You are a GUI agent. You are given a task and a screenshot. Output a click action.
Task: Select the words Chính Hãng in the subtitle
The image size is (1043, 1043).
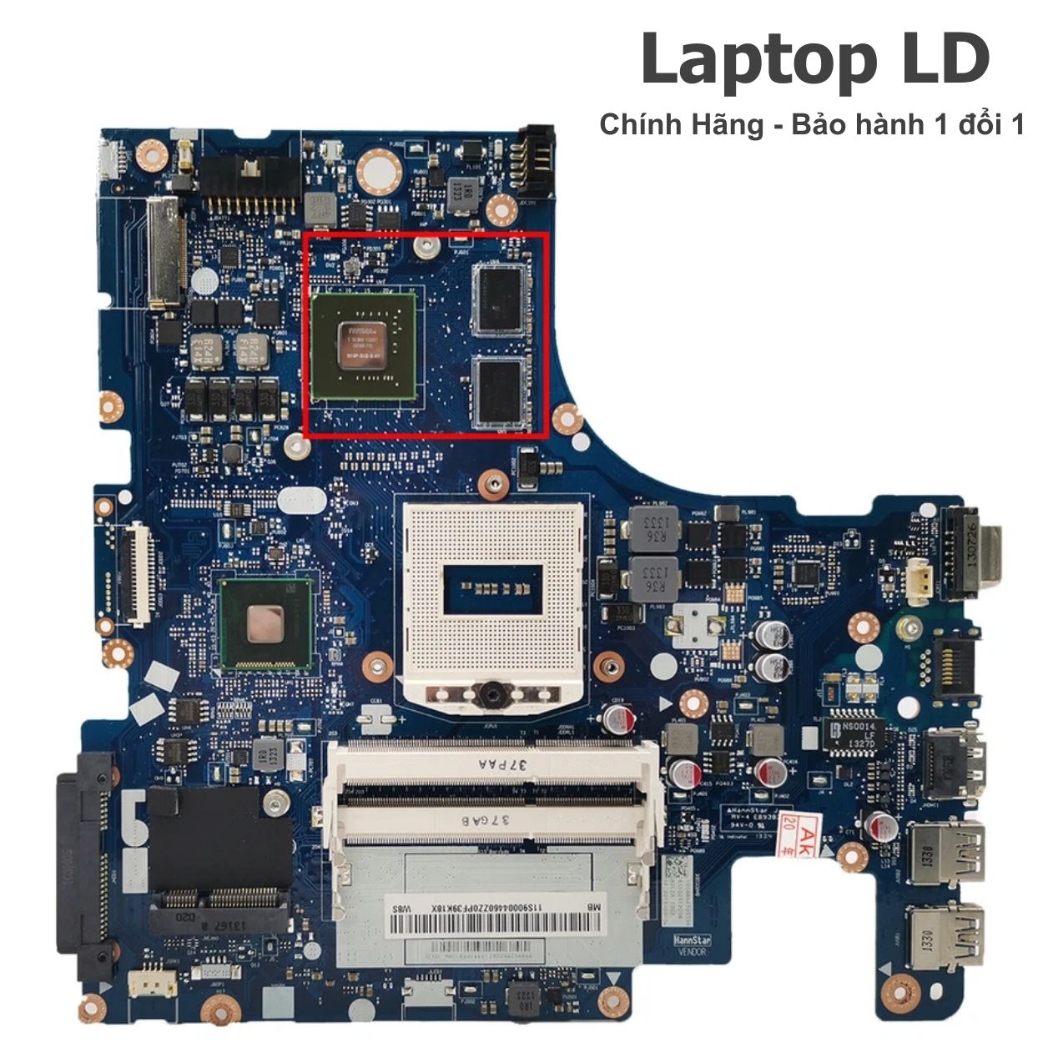tap(681, 125)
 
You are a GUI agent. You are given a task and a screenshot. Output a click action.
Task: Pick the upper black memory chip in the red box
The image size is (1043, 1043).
tap(500, 301)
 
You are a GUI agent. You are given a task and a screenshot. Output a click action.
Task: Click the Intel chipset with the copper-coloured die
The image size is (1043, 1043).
tap(266, 623)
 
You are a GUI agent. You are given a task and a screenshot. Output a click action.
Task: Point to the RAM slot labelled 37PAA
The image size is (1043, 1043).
tap(492, 764)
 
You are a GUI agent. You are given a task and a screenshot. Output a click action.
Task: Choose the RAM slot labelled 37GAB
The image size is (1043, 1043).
tap(492, 819)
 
